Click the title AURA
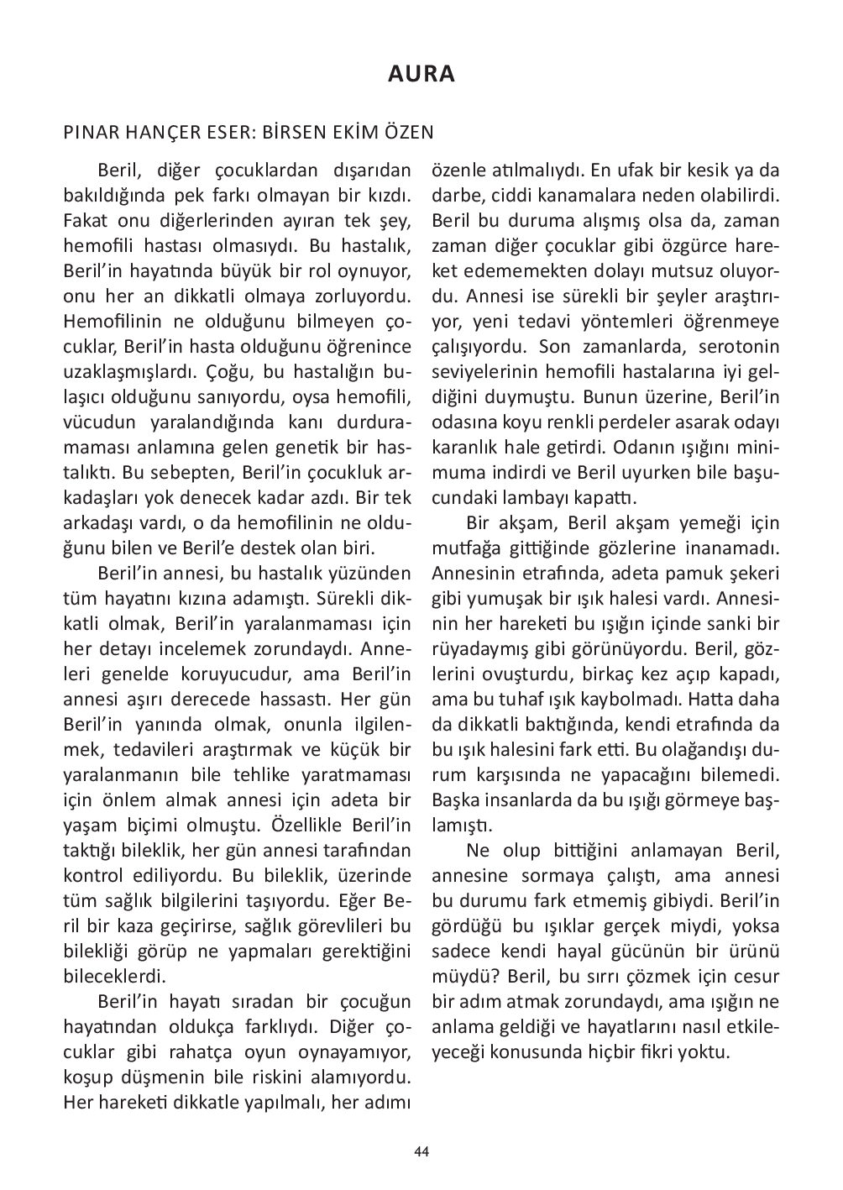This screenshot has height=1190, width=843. (x=421, y=74)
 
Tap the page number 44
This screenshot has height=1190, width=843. (x=421, y=1151)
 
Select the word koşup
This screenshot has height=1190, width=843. (x=86, y=1077)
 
